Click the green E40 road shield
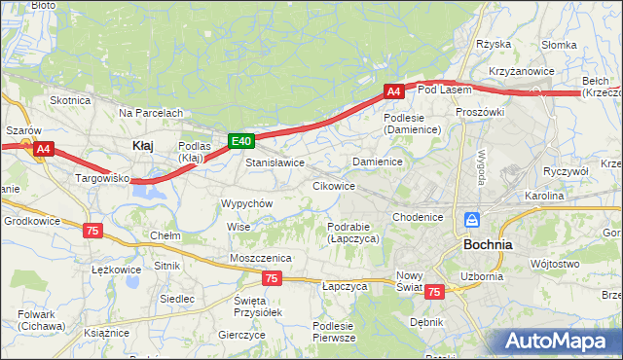(241, 142)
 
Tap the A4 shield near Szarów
(43, 149)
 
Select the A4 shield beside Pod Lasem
(392, 91)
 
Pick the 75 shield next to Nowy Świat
(433, 291)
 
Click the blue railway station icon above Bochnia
(472, 221)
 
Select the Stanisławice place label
(275, 162)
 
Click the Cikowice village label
(333, 185)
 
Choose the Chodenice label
(420, 217)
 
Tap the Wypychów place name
(246, 203)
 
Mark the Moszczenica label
(260, 257)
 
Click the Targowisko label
(103, 179)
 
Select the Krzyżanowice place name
(522, 71)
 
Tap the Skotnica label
(70, 100)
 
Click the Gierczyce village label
(241, 334)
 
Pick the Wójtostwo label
(555, 263)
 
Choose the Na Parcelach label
(151, 113)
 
